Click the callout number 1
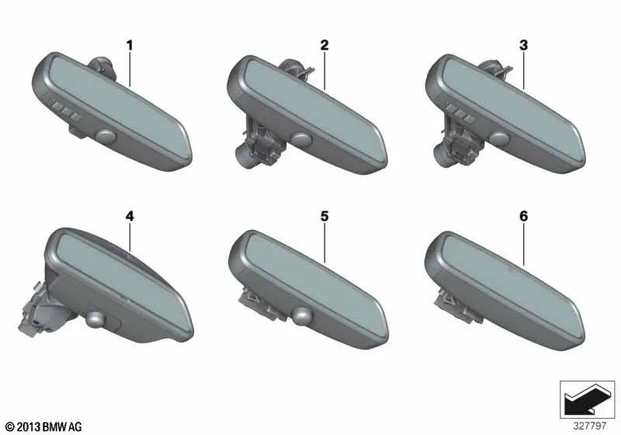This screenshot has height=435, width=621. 130,46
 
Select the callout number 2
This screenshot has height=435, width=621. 324,46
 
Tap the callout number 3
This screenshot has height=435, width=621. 523,46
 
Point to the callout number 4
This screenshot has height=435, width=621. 130,216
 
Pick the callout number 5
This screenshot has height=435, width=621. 324,216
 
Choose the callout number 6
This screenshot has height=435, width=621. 523,216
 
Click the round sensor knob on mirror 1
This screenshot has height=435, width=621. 106,137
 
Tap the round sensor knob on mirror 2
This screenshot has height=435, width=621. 302,138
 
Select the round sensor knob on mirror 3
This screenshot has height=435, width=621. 500,138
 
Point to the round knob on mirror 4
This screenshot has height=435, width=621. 96,319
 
